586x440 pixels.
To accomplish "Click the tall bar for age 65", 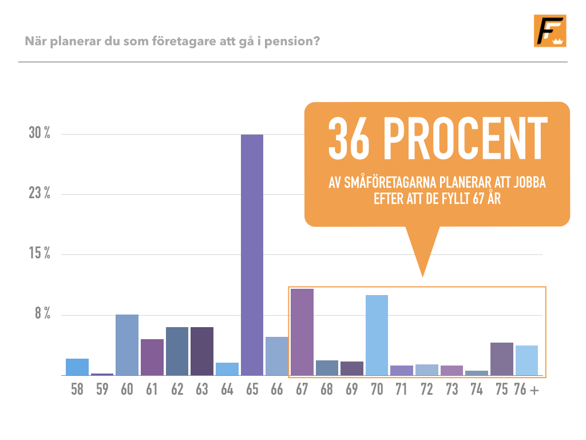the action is (252, 255).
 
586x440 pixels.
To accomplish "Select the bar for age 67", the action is (302, 332).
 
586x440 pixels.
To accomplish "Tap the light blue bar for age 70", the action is (377, 335).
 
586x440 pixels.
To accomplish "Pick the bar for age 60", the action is (127, 345).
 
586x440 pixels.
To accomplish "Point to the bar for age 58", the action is (77, 367).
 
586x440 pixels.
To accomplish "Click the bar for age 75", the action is (501, 359).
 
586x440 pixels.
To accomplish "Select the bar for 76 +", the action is (526, 360).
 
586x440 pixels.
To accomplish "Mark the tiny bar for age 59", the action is (102, 374).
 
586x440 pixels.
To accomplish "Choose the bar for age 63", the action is (202, 351).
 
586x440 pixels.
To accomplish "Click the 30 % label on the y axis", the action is (39, 133).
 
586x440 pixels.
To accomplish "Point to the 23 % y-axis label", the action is (39, 193).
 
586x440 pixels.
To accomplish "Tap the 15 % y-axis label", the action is (39, 253).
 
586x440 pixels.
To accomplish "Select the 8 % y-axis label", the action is (42, 313).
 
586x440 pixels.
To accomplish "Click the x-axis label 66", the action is (277, 390).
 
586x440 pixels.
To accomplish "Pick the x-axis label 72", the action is (426, 390).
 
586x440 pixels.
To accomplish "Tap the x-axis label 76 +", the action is (526, 390).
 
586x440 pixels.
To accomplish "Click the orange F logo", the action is (550, 31).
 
